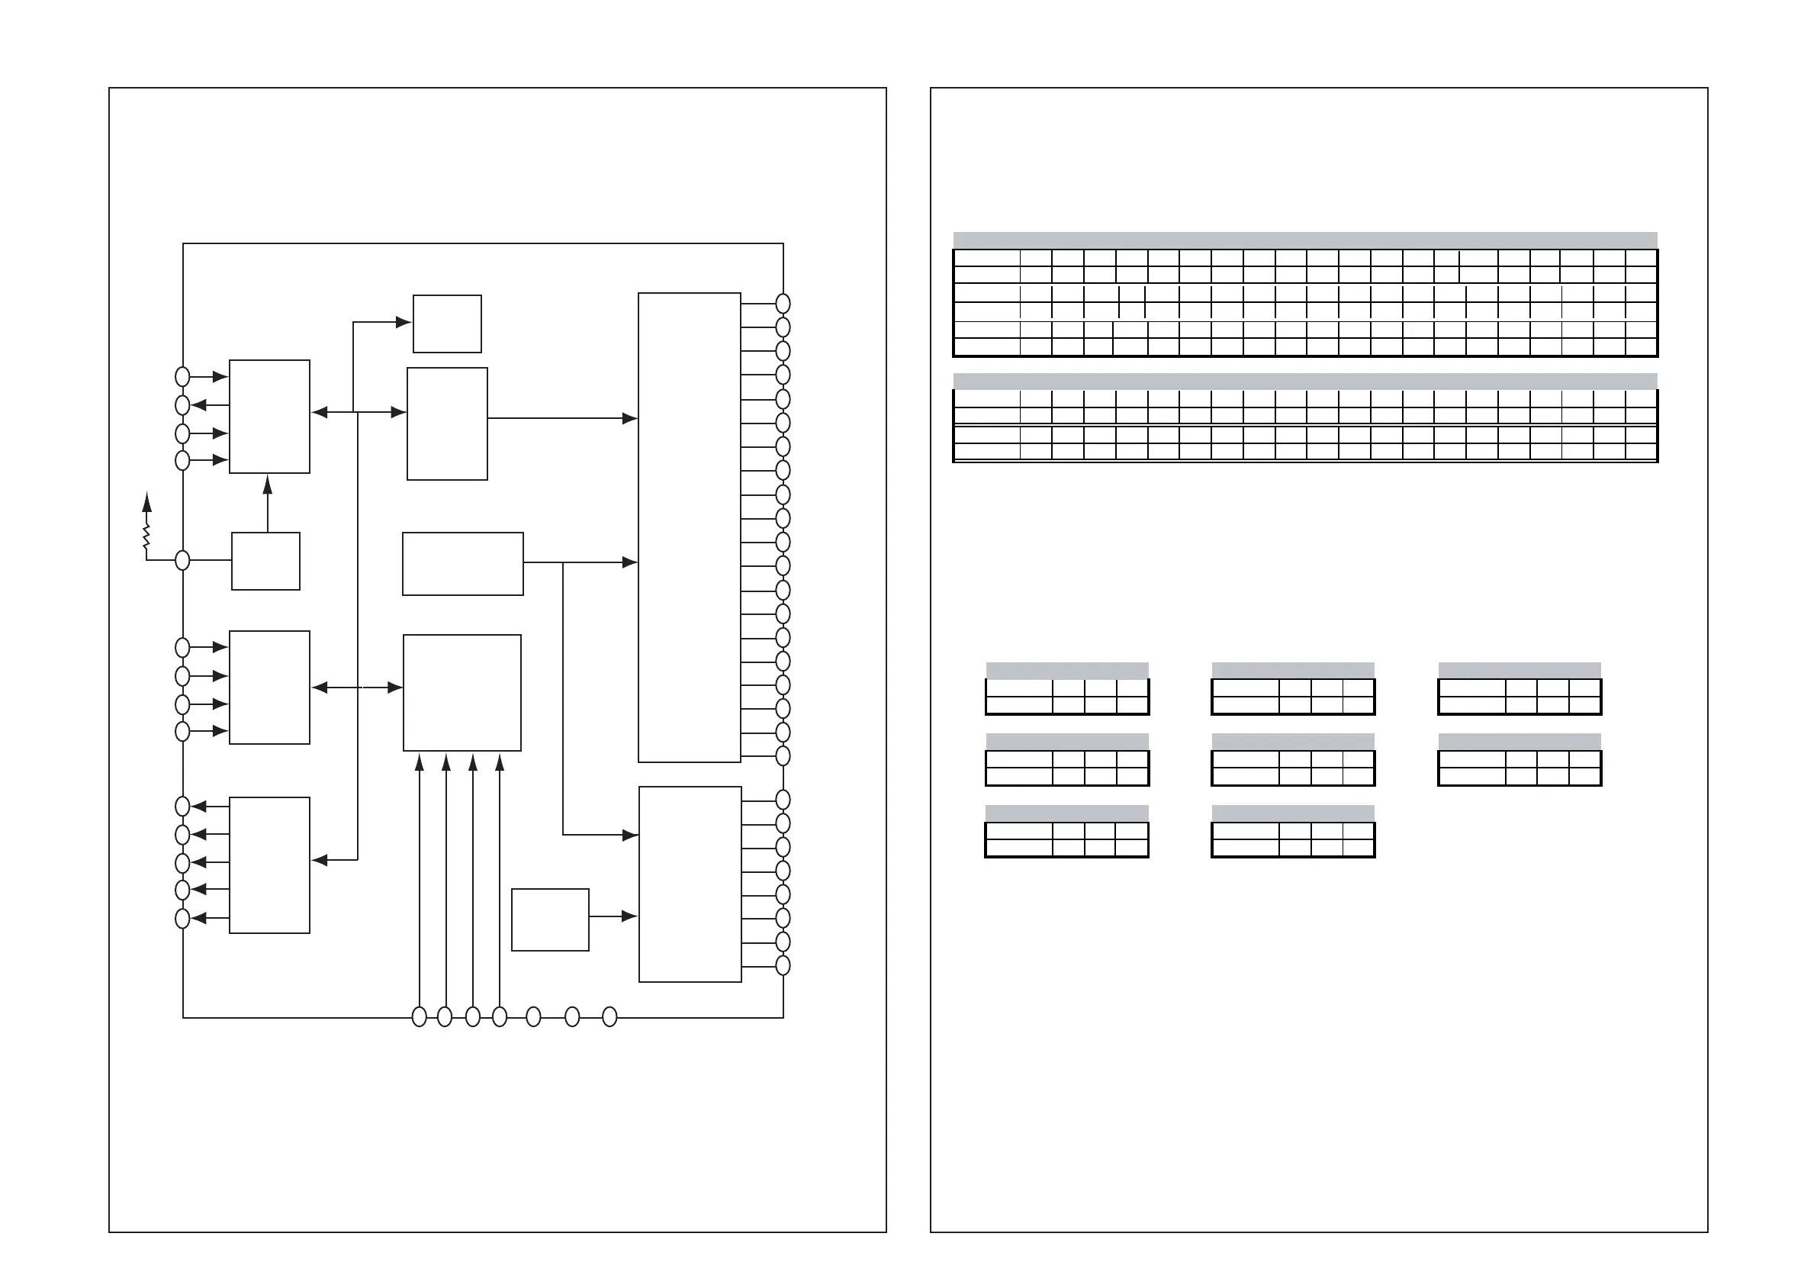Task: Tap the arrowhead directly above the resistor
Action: point(146,501)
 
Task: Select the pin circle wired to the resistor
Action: point(182,561)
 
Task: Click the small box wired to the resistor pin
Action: point(266,562)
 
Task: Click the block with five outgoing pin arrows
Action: point(269,865)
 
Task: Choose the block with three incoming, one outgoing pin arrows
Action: point(269,417)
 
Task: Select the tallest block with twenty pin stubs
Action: point(690,527)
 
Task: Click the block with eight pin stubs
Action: point(690,884)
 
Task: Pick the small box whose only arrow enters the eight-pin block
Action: point(550,919)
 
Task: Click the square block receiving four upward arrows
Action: point(462,693)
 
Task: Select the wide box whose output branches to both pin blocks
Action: point(463,564)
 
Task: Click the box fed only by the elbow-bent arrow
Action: point(447,324)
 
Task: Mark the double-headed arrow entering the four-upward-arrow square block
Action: point(358,688)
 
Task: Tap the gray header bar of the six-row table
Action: point(1305,240)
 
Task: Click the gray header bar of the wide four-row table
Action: point(1305,381)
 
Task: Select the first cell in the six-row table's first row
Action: point(987,258)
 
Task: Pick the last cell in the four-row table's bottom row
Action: point(1642,452)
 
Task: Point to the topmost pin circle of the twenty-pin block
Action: point(783,303)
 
